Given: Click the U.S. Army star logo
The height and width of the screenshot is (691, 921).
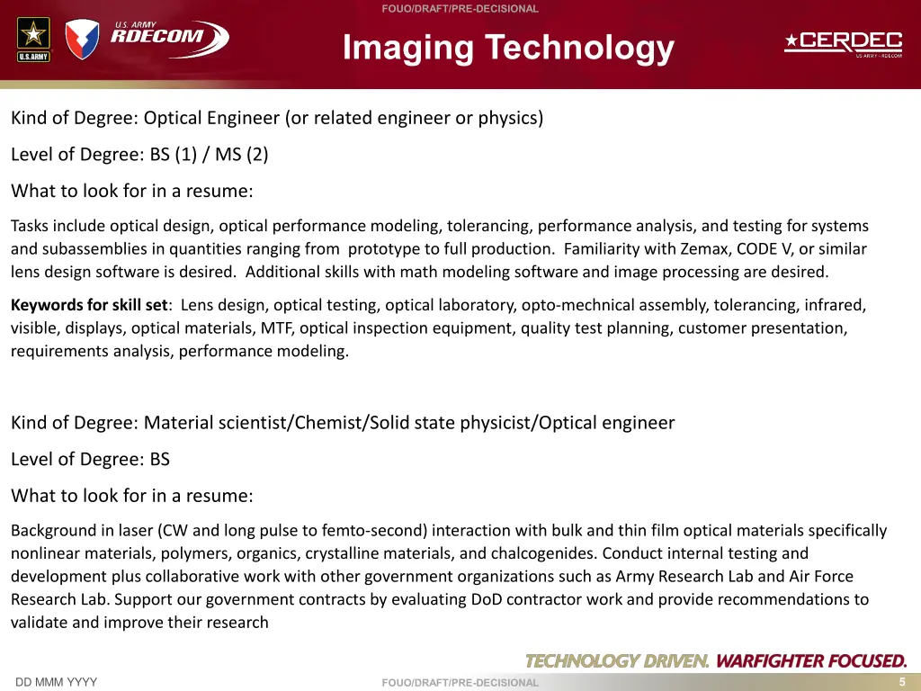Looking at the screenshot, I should point(33,40).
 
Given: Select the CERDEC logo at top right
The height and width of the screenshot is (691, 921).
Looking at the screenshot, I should point(843,43).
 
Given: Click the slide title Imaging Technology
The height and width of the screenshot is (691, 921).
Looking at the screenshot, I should point(508,47).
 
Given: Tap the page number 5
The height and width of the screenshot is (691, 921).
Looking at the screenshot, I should point(901,681).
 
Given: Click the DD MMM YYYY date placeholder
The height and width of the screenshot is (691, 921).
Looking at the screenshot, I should point(56,682).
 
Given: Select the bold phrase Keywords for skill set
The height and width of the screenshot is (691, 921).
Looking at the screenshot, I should point(89,305).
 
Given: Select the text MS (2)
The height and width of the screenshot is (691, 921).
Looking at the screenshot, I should point(241,155).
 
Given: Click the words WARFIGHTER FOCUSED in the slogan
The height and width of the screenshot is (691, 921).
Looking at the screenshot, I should point(810,661).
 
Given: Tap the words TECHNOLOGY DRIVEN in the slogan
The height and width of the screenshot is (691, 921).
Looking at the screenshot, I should point(617,661).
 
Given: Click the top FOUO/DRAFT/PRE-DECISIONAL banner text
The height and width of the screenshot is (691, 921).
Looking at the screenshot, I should point(460,9).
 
